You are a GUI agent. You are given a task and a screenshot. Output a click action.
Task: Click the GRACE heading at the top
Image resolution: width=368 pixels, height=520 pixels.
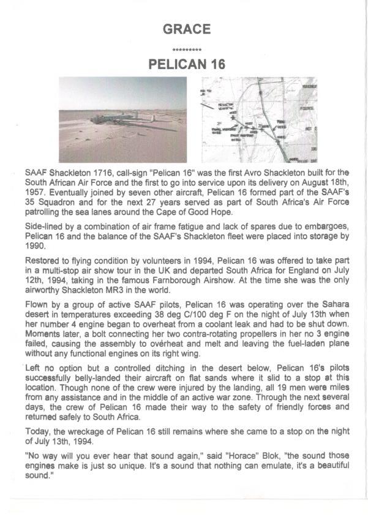(x=187, y=29)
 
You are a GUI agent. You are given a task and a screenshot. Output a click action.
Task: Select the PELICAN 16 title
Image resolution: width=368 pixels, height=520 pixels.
(x=187, y=64)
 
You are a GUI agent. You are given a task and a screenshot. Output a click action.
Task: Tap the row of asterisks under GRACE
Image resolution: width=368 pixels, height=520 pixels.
(x=187, y=49)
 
